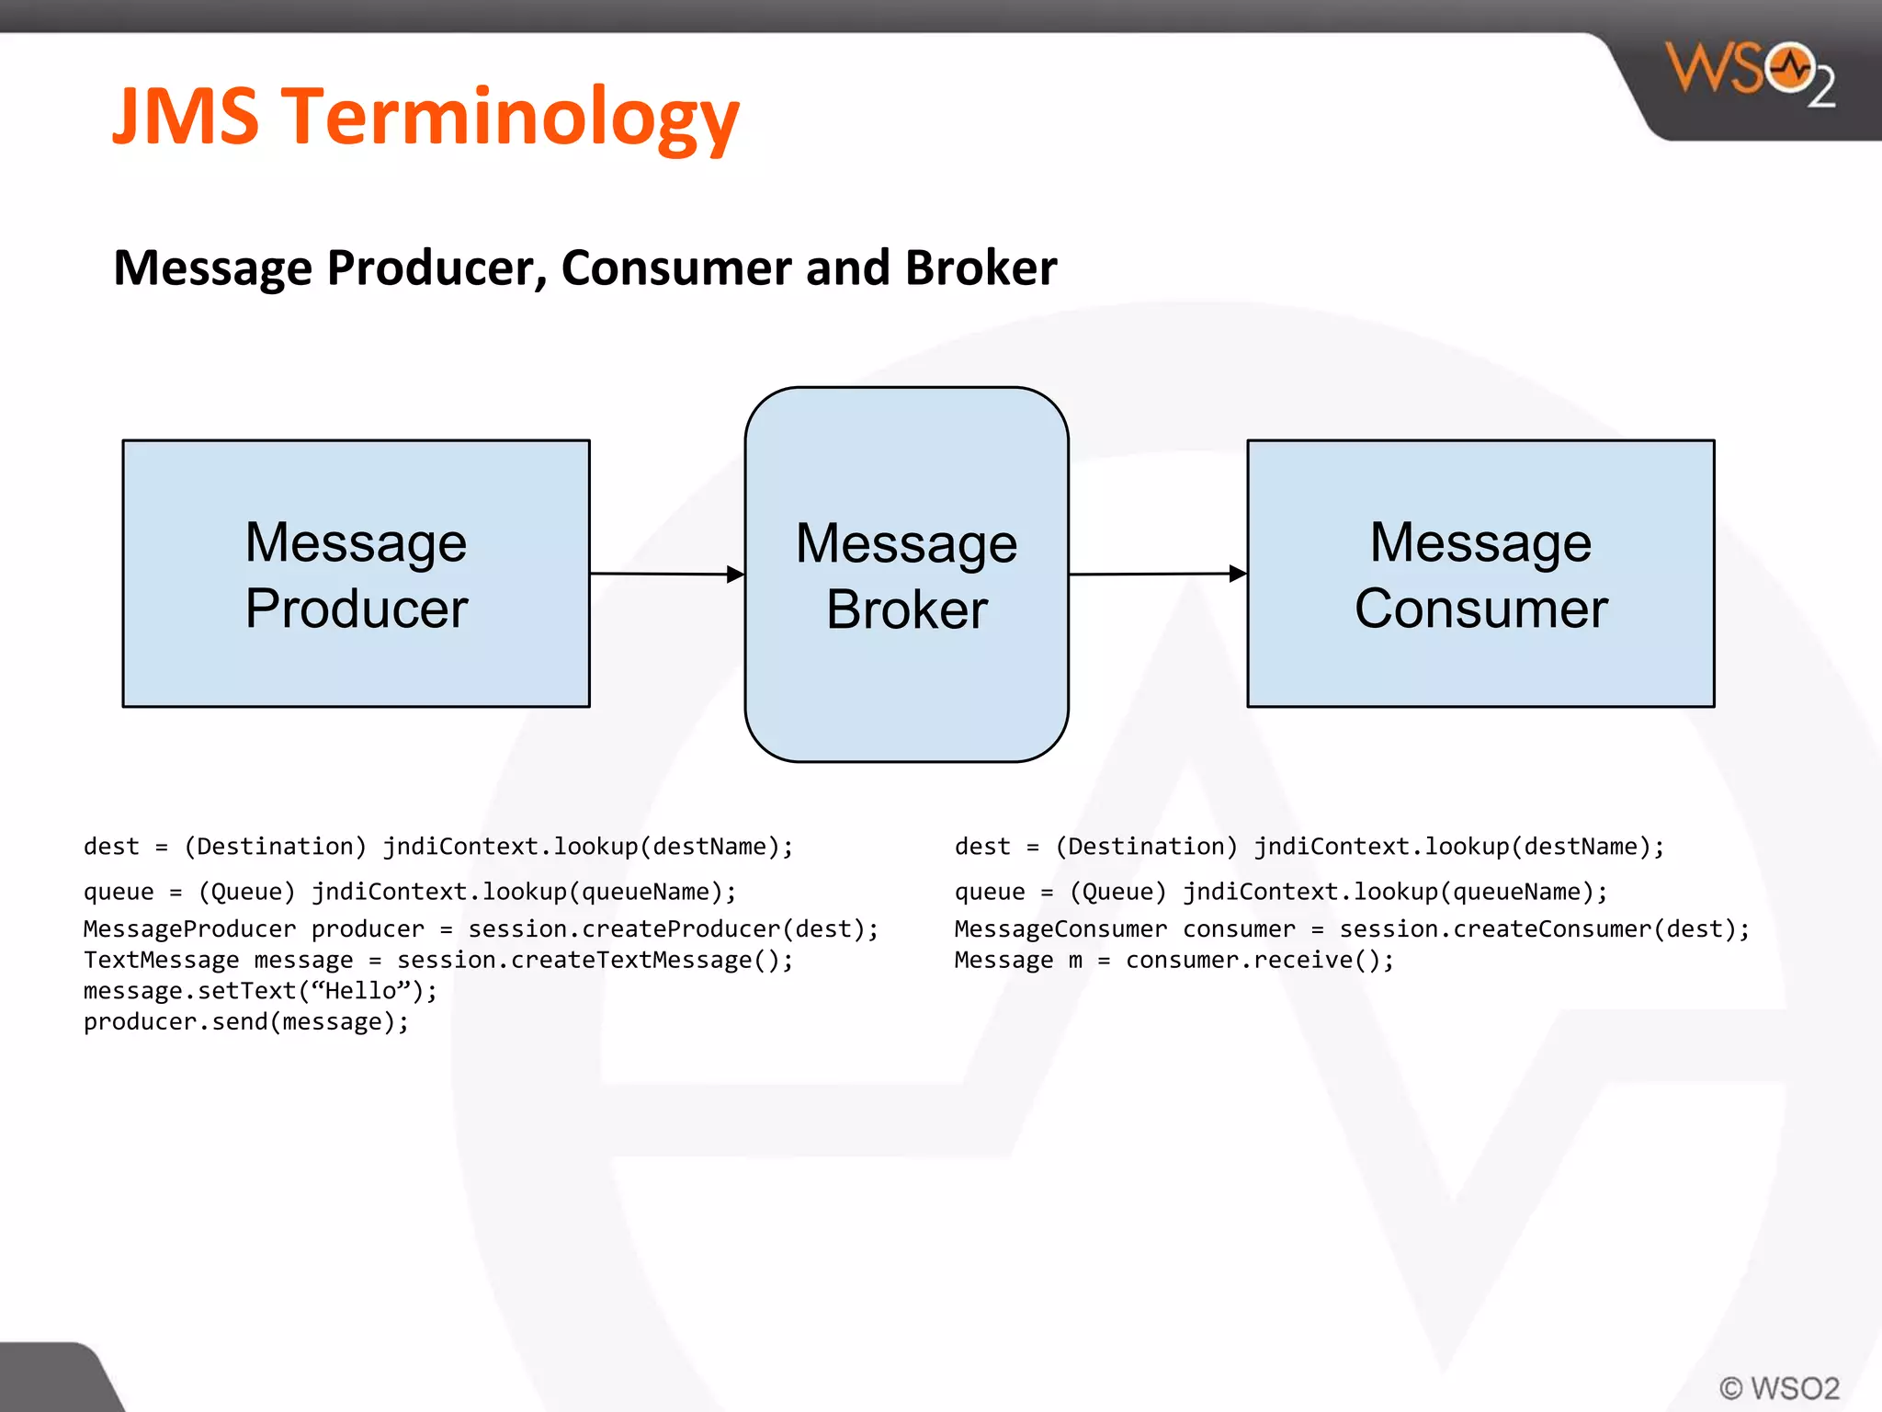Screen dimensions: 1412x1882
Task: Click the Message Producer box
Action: coord(357,574)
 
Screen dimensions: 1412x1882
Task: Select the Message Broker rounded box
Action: coord(906,575)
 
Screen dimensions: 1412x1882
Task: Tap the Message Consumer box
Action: coord(1480,574)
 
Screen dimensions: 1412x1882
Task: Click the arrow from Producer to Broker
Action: coord(667,574)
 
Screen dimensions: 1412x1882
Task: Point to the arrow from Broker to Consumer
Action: coord(1158,574)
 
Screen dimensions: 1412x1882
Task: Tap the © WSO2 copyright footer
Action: coord(1779,1387)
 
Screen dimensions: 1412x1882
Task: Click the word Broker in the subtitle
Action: coord(981,268)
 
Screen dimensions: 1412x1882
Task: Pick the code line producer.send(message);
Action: coord(246,1021)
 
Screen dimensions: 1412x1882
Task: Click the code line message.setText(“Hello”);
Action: coord(260,991)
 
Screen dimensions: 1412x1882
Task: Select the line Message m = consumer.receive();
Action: coord(1173,960)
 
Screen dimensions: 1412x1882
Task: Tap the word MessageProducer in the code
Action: coord(189,928)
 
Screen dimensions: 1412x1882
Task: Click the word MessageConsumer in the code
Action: coord(1060,928)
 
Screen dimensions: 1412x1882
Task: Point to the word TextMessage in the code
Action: coord(161,960)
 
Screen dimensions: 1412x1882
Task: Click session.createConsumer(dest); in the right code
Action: coord(1544,928)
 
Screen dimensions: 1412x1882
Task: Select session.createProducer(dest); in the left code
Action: coord(674,928)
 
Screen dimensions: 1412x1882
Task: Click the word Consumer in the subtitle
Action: coord(675,268)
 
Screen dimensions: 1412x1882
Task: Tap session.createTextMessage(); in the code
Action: coord(595,960)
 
